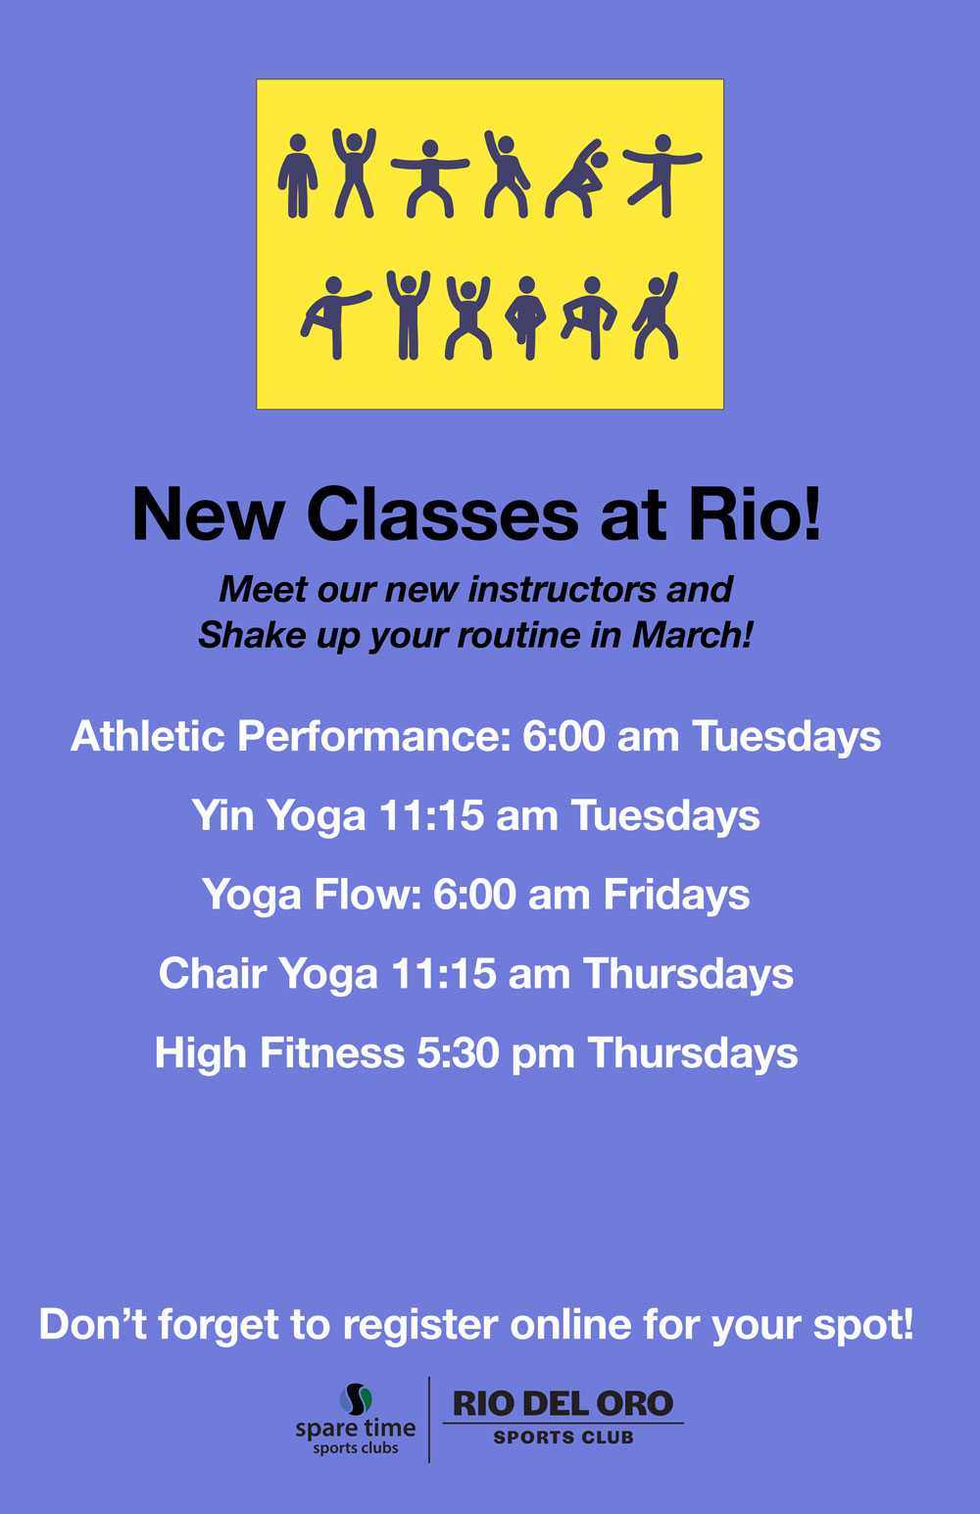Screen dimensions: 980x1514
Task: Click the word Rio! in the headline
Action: [x=755, y=514]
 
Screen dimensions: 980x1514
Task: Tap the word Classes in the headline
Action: [x=442, y=514]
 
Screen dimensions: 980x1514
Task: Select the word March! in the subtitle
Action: [x=692, y=635]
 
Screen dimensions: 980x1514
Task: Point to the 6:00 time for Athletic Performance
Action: [x=563, y=736]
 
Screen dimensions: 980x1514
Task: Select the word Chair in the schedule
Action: [x=213, y=973]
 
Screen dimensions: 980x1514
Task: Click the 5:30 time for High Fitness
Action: [x=458, y=1052]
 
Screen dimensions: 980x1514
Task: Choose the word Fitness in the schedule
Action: [x=332, y=1052]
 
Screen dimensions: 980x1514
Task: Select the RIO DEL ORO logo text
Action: [x=563, y=1404]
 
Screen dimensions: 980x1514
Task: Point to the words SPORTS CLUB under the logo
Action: [x=563, y=1437]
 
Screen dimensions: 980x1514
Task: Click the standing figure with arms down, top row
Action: [x=297, y=175]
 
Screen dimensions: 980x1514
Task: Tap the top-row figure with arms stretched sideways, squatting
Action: [x=430, y=178]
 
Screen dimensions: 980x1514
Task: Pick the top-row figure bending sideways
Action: [x=576, y=178]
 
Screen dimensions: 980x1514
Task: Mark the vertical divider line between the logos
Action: [x=429, y=1419]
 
